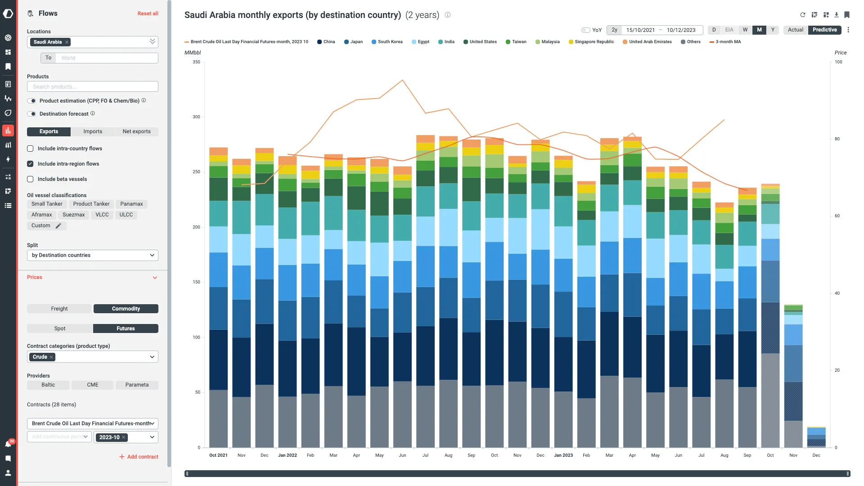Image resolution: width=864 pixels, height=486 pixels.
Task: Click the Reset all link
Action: tap(148, 13)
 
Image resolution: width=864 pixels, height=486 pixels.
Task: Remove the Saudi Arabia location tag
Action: tap(67, 42)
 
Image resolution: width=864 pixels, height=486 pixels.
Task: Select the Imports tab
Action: tap(93, 131)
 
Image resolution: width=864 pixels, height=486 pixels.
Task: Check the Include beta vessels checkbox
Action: tap(30, 179)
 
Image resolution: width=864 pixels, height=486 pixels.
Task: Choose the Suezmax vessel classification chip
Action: tap(73, 215)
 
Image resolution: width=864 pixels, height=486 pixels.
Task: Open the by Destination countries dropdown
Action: tap(93, 255)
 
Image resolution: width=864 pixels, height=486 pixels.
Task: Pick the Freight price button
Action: tap(59, 309)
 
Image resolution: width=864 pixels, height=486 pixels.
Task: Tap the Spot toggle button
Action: tap(60, 328)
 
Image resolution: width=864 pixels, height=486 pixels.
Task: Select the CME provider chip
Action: tap(93, 385)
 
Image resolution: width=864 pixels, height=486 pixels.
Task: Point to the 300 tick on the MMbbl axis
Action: tap(196, 117)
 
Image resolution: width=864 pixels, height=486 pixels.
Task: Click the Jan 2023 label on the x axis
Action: tap(563, 455)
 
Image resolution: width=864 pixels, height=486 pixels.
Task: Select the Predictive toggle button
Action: tap(824, 30)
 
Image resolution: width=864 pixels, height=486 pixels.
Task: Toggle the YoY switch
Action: tap(585, 30)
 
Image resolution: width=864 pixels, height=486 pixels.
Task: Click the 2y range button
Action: tap(614, 30)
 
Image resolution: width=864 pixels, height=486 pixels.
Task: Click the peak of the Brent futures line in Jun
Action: tap(402, 80)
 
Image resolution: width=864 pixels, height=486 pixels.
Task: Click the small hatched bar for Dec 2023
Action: tap(816, 437)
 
